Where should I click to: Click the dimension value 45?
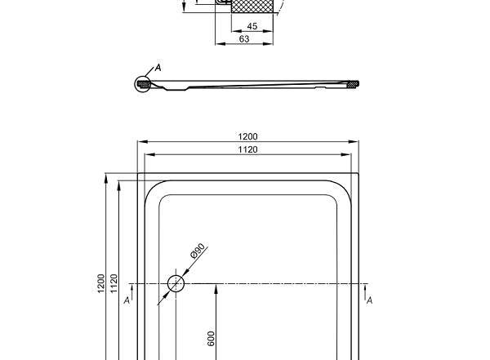click(252, 27)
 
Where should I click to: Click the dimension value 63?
click(244, 38)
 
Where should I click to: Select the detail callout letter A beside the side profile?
click(157, 68)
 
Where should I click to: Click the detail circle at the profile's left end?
click(143, 82)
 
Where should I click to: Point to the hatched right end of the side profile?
click(353, 83)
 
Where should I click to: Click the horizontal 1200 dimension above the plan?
click(247, 136)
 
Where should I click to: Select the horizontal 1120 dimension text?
click(247, 149)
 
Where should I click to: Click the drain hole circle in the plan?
click(176, 284)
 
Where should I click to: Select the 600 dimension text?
click(211, 339)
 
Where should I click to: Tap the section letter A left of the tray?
click(127, 300)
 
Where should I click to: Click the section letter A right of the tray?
click(370, 300)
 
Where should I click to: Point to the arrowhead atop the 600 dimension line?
click(216, 287)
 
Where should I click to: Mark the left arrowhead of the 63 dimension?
click(218, 43)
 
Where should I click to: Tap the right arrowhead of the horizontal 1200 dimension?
click(355, 141)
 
